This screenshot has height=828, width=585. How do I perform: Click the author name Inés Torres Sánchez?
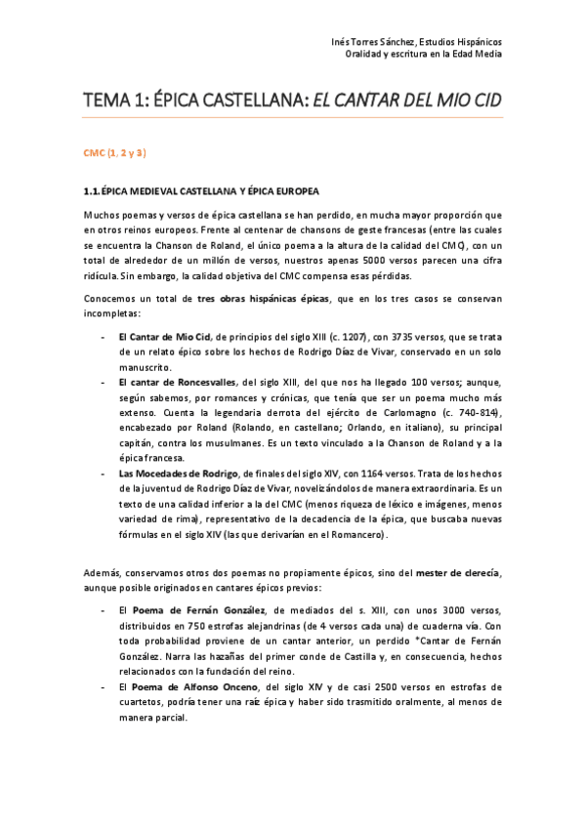374,42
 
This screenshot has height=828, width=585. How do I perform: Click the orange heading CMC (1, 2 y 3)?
114,154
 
